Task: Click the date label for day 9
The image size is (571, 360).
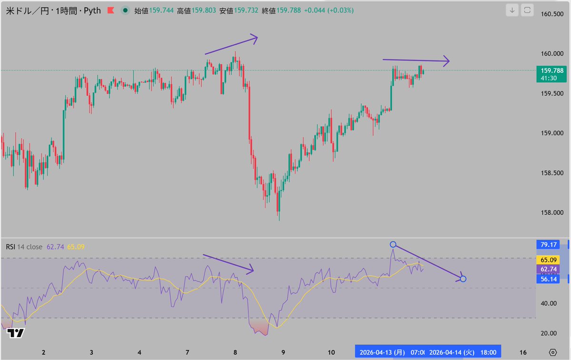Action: click(x=283, y=352)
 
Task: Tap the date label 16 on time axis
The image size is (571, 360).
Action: click(x=523, y=352)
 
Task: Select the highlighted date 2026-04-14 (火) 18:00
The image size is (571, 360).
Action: click(x=463, y=352)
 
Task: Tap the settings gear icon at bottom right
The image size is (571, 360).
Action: click(x=552, y=352)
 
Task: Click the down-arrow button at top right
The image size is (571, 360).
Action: click(x=512, y=10)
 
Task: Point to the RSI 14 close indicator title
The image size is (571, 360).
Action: click(x=24, y=247)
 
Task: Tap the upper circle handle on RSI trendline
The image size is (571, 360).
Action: click(x=393, y=244)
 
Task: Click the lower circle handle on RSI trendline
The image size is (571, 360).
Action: click(x=463, y=279)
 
